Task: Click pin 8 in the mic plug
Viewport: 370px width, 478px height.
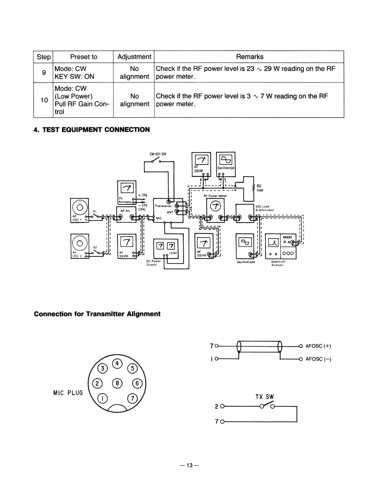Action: (x=117, y=384)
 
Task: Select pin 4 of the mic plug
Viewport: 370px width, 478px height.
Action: (x=117, y=363)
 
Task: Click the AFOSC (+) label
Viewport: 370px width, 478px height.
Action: (x=318, y=346)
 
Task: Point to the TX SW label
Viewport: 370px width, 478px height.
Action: (x=265, y=397)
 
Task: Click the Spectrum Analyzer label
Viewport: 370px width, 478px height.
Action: (x=278, y=263)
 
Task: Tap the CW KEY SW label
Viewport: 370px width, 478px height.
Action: (x=158, y=154)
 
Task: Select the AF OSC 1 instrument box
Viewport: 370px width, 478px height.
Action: (x=79, y=210)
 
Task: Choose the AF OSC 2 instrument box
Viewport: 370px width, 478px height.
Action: (x=80, y=246)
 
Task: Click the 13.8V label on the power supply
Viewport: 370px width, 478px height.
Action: (x=173, y=253)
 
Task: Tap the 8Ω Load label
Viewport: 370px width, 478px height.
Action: (x=260, y=188)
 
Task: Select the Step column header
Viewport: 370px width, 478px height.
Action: (x=44, y=57)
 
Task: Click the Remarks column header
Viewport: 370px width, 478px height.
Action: (x=249, y=57)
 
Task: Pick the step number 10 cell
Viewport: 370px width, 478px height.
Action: (x=44, y=100)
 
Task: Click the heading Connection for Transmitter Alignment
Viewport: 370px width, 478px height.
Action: (x=97, y=314)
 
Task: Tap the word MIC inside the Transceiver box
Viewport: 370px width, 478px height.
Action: (x=159, y=218)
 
